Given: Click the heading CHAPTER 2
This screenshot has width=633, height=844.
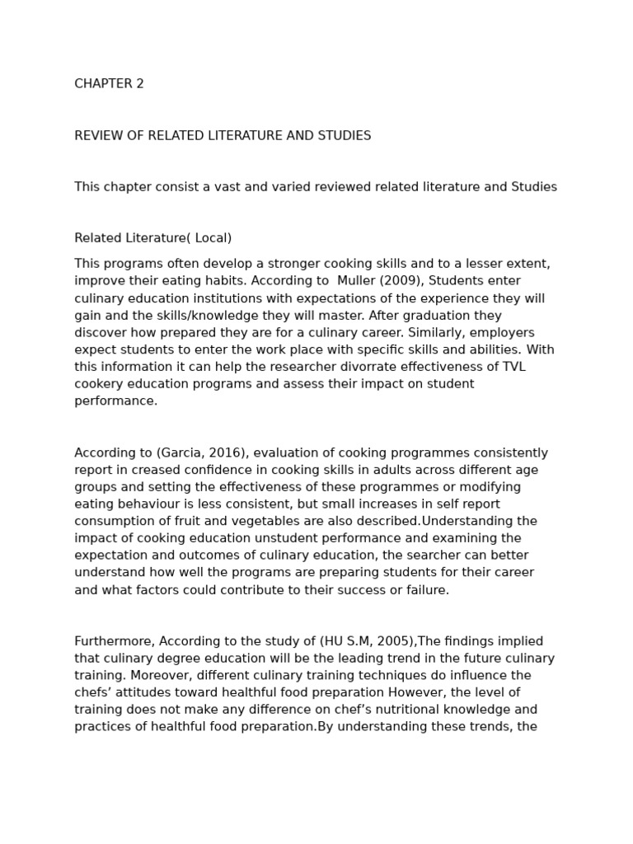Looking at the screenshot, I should click(109, 84).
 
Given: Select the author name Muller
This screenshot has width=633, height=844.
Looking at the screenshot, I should click(357, 281).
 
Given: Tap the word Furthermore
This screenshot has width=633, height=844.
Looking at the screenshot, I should click(114, 641).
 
